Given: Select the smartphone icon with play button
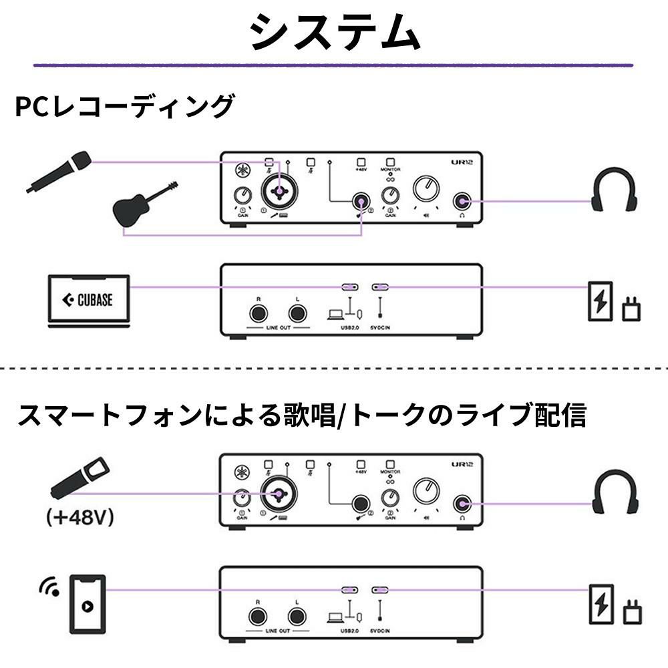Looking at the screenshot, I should pyautogui.click(x=88, y=603).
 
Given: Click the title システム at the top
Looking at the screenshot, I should pyautogui.click(x=334, y=32).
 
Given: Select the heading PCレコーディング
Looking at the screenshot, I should pyautogui.click(x=126, y=107).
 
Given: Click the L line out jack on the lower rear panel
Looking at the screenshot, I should pyautogui.click(x=296, y=615).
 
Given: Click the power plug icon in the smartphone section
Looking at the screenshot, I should pyautogui.click(x=631, y=611).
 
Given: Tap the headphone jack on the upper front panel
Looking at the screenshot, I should pyautogui.click(x=461, y=200).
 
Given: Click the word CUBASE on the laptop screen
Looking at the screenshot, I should pyautogui.click(x=95, y=301).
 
